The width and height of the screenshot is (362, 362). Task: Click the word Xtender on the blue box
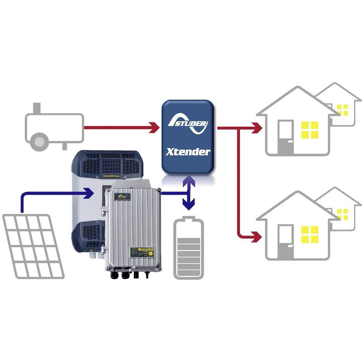188,151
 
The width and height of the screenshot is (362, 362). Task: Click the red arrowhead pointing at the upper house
257,127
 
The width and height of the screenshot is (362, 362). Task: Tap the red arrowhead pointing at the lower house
257,237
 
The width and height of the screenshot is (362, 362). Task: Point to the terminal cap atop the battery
189,219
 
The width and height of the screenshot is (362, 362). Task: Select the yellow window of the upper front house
310,130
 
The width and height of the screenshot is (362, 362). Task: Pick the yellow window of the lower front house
310,234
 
